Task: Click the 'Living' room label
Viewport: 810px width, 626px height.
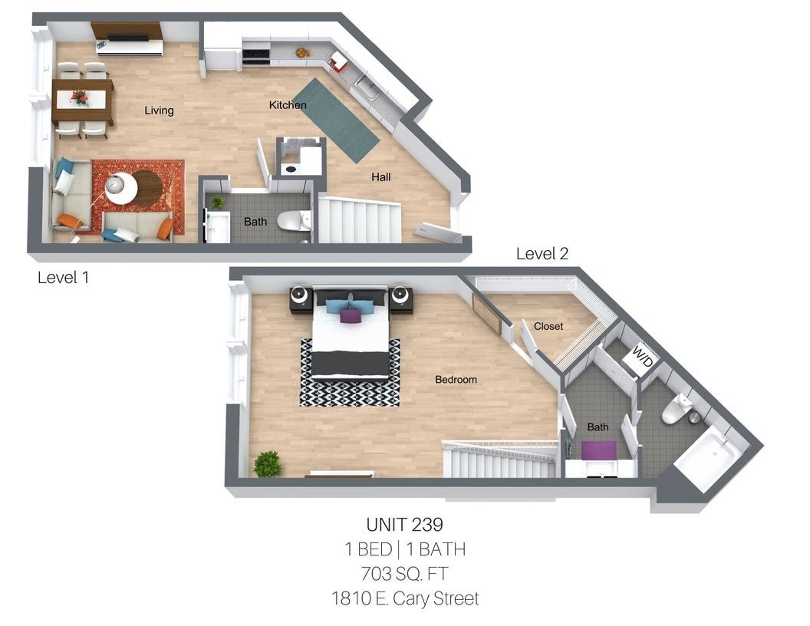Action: pos(159,110)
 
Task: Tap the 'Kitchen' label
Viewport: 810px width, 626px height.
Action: pos(288,105)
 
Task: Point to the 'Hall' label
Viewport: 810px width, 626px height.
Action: pos(381,177)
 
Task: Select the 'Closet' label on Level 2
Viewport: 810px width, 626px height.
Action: pos(548,326)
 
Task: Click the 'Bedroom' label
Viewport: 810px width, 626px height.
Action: pos(456,380)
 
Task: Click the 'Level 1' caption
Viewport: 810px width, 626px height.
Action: pos(63,278)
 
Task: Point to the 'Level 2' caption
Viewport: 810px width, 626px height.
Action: pos(542,254)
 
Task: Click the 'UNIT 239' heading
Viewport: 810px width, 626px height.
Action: pos(404,525)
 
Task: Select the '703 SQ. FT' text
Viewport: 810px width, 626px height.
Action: pos(404,573)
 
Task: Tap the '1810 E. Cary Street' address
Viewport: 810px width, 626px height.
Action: pos(404,598)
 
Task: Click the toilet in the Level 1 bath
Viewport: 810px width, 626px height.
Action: pos(292,221)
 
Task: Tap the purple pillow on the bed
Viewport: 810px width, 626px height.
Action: pos(351,315)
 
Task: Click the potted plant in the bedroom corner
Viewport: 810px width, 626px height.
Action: pos(267,464)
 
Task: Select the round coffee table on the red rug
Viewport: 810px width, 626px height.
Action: pos(146,188)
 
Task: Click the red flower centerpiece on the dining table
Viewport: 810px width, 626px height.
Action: pos(79,97)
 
